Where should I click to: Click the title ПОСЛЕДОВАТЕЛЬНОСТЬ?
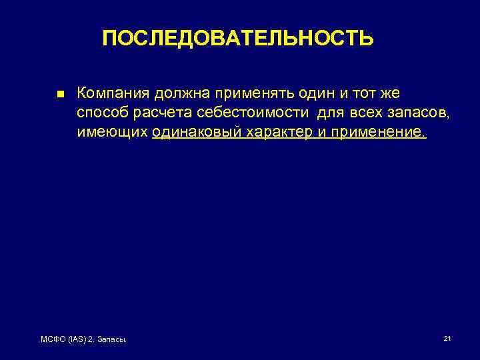point(238,39)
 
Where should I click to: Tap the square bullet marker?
point(59,95)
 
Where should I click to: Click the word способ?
point(101,113)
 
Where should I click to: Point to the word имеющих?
point(111,132)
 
